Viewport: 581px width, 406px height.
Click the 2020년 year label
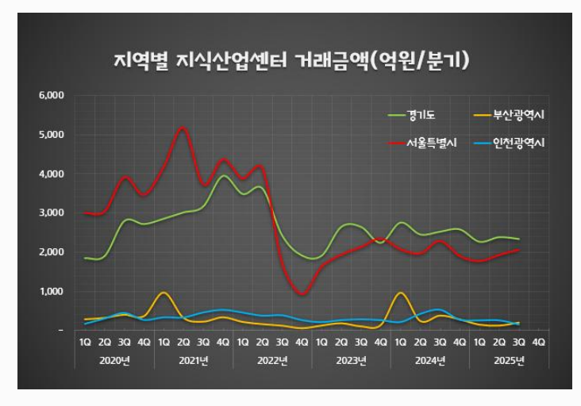point(114,362)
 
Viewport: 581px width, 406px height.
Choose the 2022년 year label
point(271,362)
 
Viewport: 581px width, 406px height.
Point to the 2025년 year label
point(508,362)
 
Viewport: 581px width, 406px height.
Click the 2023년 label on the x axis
point(350,362)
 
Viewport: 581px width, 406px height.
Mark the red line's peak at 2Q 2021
point(183,128)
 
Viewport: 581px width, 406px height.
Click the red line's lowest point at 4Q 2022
point(302,295)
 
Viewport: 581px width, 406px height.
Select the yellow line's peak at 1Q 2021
point(164,293)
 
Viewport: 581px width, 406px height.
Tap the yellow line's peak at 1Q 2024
point(400,293)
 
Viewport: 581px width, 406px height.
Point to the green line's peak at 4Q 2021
point(223,176)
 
